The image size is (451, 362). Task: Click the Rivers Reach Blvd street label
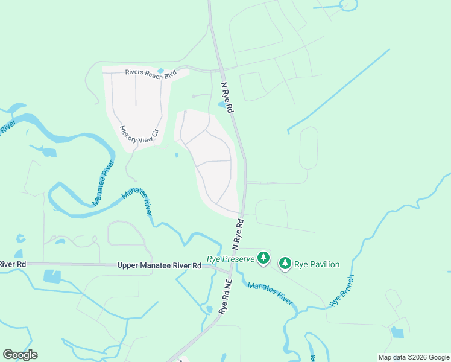151,73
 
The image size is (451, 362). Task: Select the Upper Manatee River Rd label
159,265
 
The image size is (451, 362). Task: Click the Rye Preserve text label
231,259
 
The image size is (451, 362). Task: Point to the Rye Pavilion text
317,264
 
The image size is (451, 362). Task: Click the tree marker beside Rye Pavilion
285,264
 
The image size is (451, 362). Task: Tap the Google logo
20,355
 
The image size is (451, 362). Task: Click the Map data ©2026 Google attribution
414,357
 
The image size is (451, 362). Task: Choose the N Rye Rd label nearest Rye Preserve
238,234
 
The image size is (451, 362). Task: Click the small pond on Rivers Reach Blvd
160,71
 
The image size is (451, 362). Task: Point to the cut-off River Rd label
12,264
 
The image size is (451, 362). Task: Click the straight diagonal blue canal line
338,91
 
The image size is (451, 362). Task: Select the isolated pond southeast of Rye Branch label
397,332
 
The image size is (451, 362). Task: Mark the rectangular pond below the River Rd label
52,276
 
